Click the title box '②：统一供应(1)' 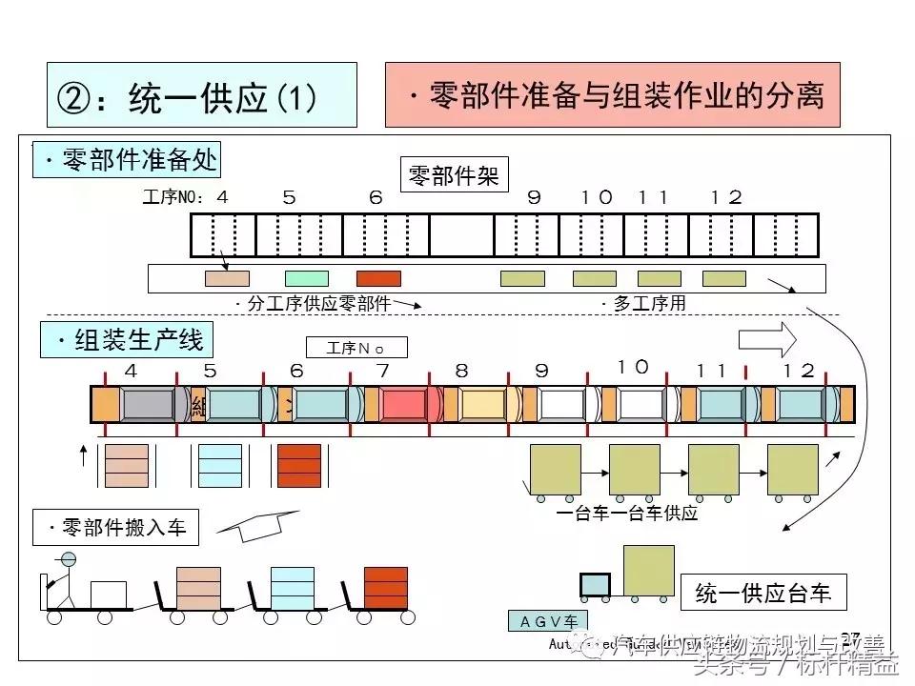[201, 95]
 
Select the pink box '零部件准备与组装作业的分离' [613, 94]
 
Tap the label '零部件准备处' [127, 159]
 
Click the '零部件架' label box [454, 174]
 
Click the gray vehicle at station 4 [148, 405]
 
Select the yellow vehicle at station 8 [482, 405]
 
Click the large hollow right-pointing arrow [767, 338]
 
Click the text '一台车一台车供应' [626, 514]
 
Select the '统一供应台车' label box [763, 594]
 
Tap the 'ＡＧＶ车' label [543, 621]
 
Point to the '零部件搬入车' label [115, 527]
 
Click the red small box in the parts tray [378, 278]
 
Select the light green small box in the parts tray [307, 278]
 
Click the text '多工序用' [643, 304]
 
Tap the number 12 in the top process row [726, 197]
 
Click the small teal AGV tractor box [596, 585]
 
